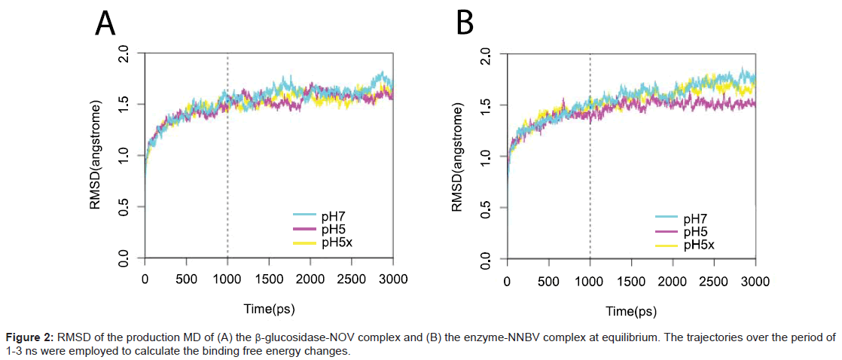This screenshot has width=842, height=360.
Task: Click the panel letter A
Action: tap(105, 24)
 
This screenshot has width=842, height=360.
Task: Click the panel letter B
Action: tap(465, 24)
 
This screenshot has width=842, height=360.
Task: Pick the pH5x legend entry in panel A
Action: tap(338, 243)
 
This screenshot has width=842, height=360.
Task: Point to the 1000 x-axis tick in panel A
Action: tap(227, 279)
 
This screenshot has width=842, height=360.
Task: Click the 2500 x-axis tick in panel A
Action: tap(351, 279)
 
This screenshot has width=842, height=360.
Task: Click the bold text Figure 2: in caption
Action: tap(27, 337)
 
